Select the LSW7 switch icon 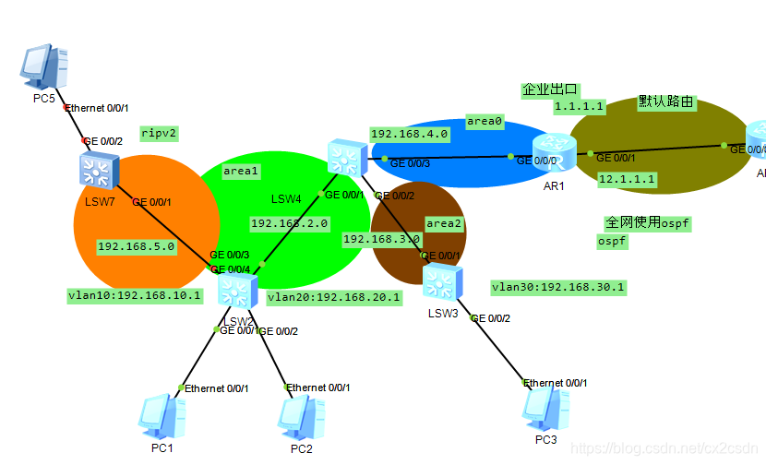click(95, 169)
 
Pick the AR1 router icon click(554, 153)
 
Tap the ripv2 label click(159, 133)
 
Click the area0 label click(485, 122)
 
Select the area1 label click(241, 171)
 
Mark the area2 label click(444, 223)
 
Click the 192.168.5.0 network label click(136, 246)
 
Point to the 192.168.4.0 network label click(409, 134)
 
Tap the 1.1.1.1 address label click(579, 107)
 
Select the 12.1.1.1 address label click(626, 179)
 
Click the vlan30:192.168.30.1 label click(558, 287)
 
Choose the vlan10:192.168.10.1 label click(135, 296)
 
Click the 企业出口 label click(550, 89)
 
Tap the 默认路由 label click(665, 102)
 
